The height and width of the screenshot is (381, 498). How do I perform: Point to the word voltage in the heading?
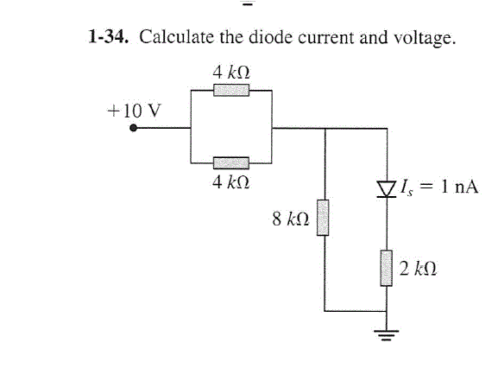[423, 39]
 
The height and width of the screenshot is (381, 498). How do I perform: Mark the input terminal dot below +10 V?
[135, 129]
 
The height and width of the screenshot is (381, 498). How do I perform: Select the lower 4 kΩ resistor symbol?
[231, 162]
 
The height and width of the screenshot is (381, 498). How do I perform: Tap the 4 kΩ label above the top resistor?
[231, 71]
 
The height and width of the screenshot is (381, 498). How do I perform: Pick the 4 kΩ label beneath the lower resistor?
[231, 182]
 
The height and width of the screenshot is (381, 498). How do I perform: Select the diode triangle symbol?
[386, 186]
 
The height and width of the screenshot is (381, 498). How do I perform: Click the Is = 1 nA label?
[438, 187]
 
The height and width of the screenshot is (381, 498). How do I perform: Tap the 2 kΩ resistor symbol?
[386, 269]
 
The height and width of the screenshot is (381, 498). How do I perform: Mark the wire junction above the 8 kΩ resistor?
[325, 129]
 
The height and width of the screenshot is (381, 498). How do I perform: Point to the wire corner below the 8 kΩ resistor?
[325, 309]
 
